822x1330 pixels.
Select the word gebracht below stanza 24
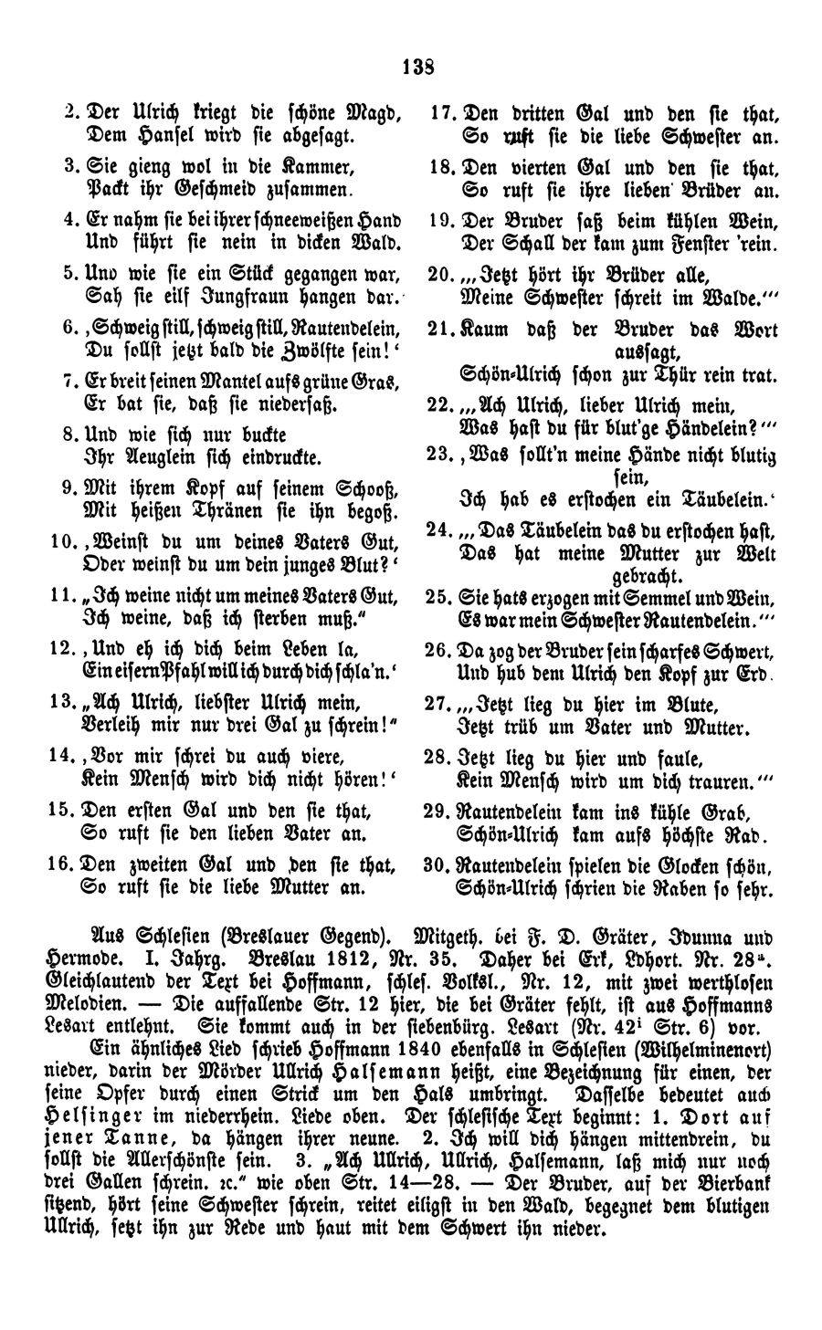[646, 576]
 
